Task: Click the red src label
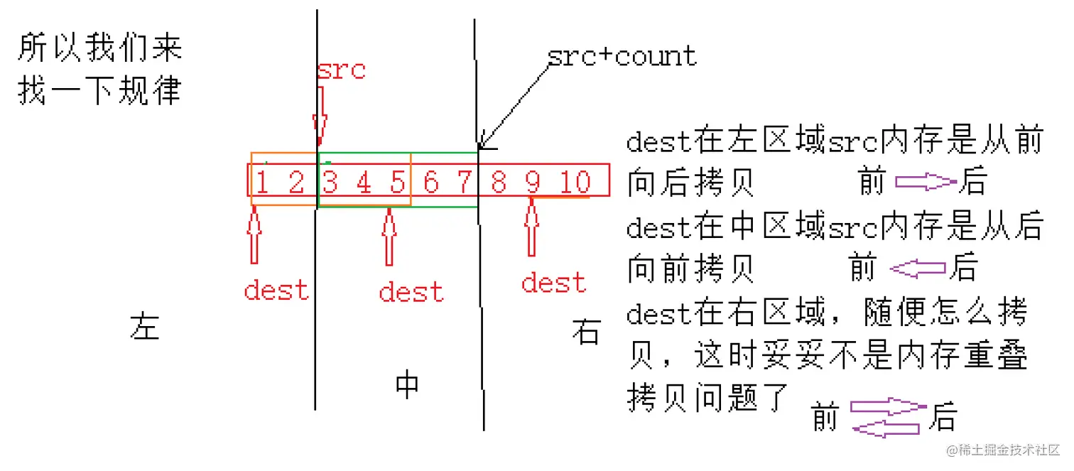[x=341, y=70]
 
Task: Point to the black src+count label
[x=622, y=56]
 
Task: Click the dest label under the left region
[x=276, y=290]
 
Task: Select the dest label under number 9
[x=554, y=283]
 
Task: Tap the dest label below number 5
[x=411, y=291]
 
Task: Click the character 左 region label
[x=145, y=326]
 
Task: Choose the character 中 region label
[x=407, y=384]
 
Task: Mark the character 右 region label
[x=586, y=332]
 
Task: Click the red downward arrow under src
[x=320, y=114]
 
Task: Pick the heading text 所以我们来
[x=99, y=48]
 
